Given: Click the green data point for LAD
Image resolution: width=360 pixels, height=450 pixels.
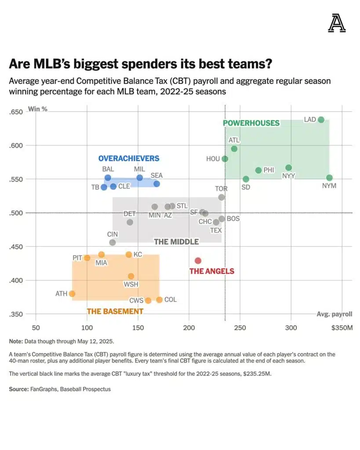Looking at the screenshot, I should point(321,120).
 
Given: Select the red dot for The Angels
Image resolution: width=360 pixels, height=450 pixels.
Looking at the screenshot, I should point(198,261).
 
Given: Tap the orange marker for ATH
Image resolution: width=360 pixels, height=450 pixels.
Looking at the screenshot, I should point(72,294).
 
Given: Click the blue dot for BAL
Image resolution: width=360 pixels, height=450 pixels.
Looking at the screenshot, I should point(108,178).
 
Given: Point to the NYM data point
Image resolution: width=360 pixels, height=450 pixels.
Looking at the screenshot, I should point(329,178).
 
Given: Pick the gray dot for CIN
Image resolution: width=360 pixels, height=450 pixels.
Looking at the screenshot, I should point(113,242).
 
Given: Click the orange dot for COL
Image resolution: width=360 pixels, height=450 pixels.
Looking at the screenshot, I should point(159,300).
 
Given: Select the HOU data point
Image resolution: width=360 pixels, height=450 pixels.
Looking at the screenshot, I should point(225,159).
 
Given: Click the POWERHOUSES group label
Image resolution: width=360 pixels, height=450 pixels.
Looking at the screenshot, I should point(251,123).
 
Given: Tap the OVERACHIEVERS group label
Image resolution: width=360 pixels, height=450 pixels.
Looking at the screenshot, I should point(129,158).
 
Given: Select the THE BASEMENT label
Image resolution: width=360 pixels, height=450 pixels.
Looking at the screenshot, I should point(115,311).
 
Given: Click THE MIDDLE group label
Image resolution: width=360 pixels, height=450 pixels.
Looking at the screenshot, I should point(176,242).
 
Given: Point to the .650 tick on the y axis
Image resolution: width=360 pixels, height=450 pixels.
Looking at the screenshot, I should point(15,112).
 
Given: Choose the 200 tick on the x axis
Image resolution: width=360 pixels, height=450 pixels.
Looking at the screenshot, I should point(189,328).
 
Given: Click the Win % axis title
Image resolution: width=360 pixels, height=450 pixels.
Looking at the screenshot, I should point(38,109).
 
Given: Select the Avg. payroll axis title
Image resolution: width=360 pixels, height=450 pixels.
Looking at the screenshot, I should point(334,314).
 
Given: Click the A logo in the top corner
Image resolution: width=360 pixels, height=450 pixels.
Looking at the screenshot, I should point(337,24).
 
